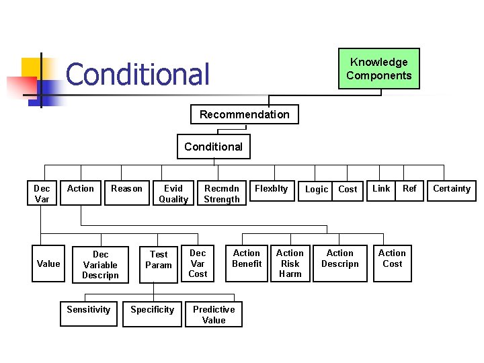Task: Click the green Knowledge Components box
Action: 378,69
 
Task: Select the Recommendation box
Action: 244,114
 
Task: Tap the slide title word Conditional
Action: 138,74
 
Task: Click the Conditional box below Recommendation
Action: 213,147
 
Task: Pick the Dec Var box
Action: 42,194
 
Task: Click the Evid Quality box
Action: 173,194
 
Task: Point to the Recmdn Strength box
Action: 222,194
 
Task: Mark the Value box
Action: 48,264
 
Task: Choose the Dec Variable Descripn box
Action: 100,264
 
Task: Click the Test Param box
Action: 159,259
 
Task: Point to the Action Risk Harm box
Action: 290,263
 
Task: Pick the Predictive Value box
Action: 214,315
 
